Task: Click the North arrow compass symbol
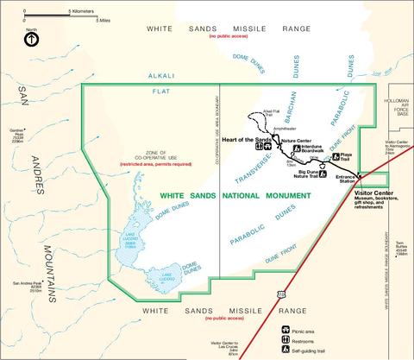click(31, 39)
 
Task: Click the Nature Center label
click(296, 140)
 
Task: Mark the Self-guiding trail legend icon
click(286, 351)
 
